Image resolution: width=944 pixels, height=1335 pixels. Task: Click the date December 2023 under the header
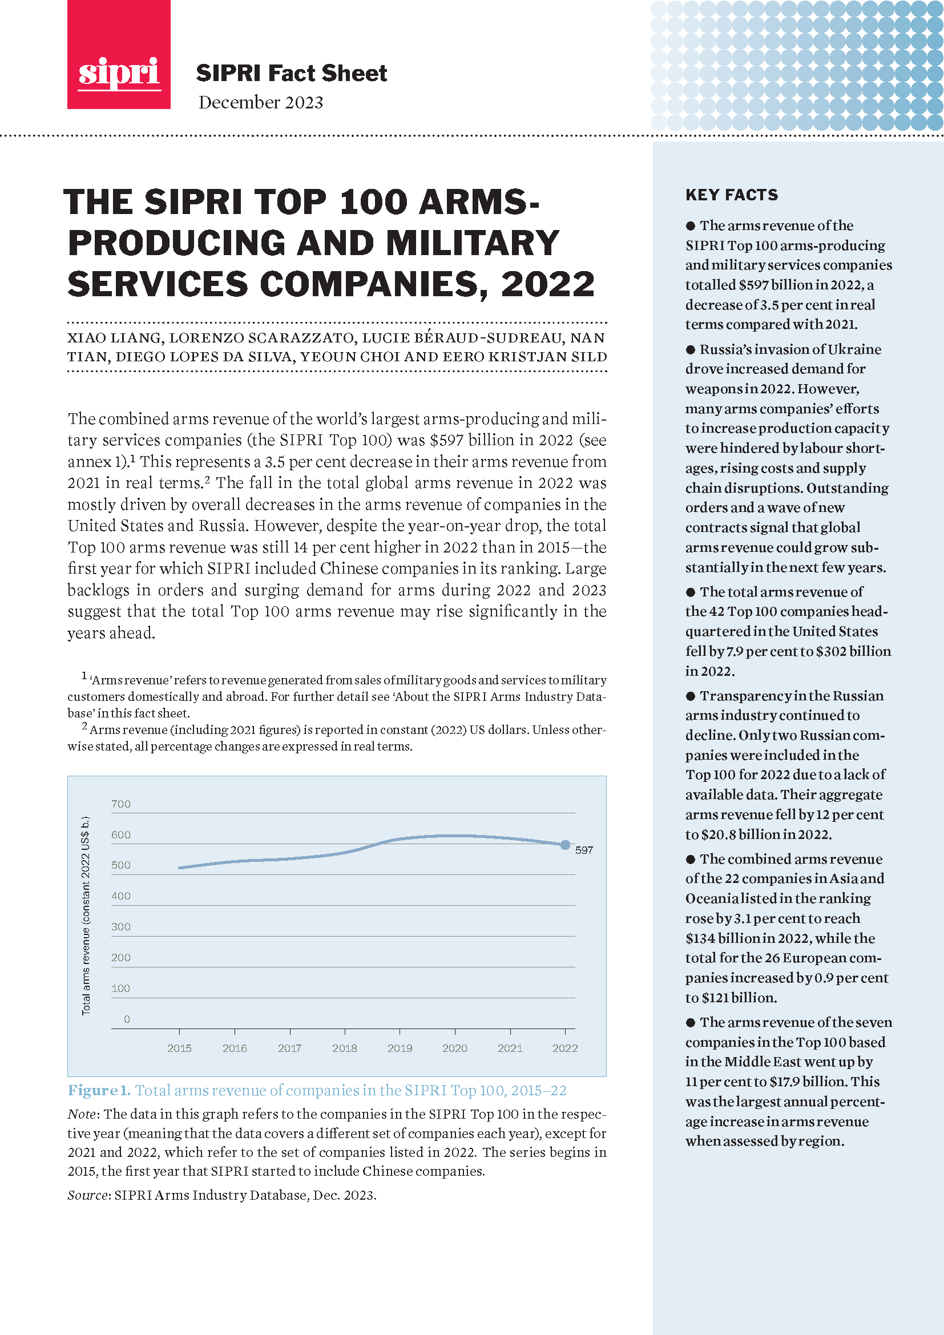(x=260, y=102)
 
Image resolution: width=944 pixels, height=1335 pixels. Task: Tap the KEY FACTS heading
(x=731, y=195)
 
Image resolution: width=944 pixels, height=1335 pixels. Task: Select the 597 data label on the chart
(x=584, y=850)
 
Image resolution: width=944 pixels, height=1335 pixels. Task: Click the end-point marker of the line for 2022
(x=565, y=845)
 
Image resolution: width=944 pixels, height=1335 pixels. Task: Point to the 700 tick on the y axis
(x=121, y=804)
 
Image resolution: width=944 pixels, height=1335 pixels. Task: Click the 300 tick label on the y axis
(x=121, y=927)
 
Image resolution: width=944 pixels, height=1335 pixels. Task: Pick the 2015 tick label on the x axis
(x=179, y=1048)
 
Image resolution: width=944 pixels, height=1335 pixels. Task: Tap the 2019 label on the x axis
(x=400, y=1048)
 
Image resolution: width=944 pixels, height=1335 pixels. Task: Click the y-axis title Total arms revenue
(x=86, y=915)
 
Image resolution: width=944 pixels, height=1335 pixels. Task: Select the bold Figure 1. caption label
(x=99, y=1091)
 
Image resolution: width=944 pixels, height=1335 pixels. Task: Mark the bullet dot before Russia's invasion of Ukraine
(x=691, y=349)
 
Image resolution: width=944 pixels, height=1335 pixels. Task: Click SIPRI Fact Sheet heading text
(x=291, y=73)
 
